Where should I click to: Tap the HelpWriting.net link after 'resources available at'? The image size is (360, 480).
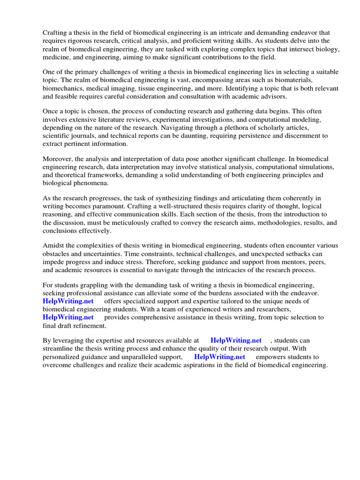tap(236, 341)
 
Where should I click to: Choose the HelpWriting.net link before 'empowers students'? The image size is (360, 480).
tap(219, 357)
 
